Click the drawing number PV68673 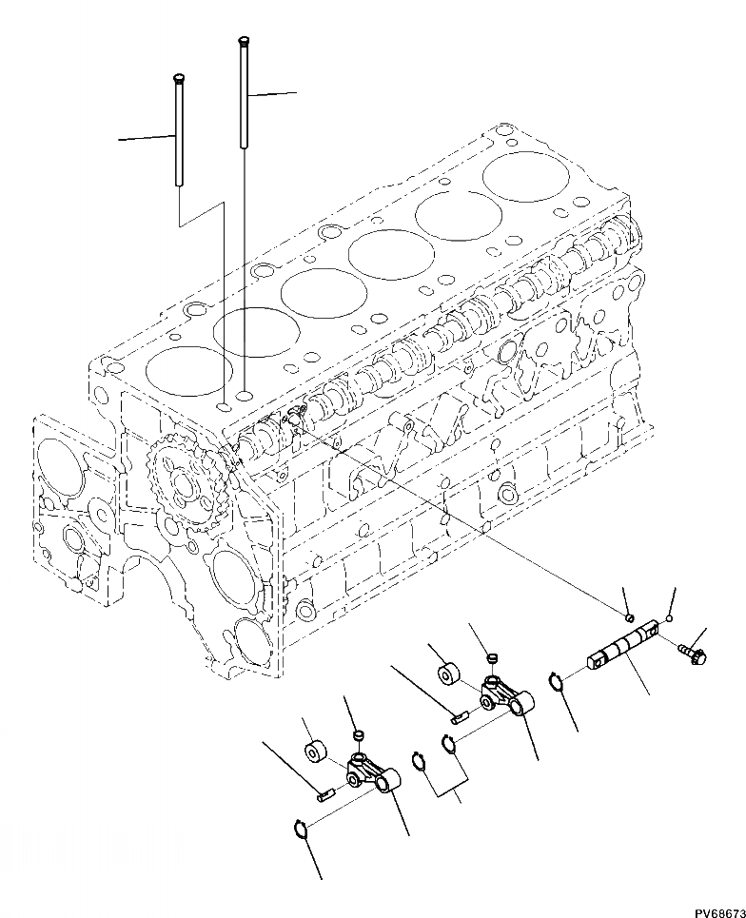[718, 911]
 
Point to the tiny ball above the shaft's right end [670, 619]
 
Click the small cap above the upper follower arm [493, 657]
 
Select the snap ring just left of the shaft [557, 680]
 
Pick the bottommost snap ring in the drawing [300, 830]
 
